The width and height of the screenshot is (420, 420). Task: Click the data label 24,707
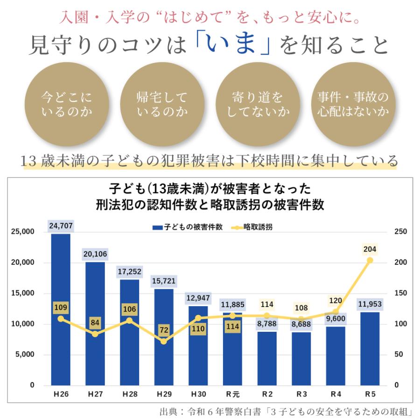coord(61,226)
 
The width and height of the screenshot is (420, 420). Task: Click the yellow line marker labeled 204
coord(370,260)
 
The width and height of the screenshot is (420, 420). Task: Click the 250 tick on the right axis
coord(400,232)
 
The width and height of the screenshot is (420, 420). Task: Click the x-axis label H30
coord(198,394)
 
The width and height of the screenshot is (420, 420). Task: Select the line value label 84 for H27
coord(95,322)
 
